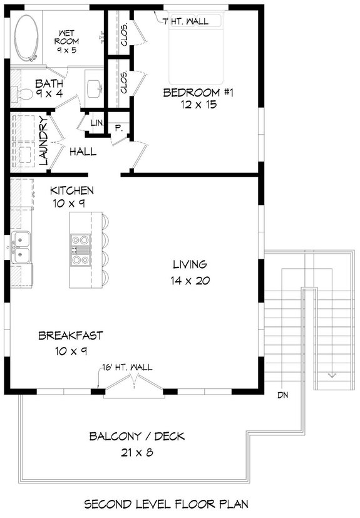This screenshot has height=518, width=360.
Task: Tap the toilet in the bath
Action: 24,95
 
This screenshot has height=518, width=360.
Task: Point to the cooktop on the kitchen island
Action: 80,249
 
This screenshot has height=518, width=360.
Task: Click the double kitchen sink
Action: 21,247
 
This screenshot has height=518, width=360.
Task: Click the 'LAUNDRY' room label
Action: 44,140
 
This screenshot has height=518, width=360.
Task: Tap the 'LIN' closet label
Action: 96,122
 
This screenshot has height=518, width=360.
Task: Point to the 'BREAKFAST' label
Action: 71,336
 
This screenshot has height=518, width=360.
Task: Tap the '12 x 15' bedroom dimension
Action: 198,105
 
